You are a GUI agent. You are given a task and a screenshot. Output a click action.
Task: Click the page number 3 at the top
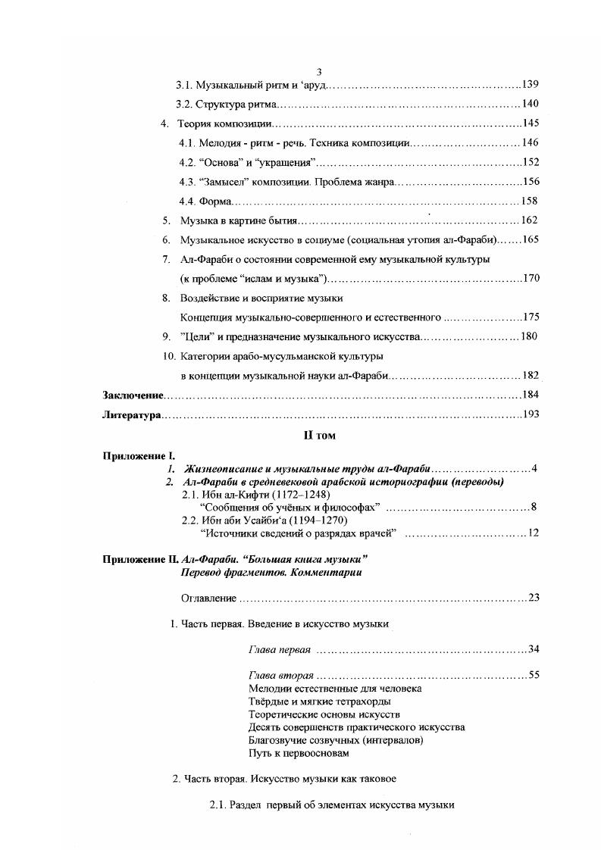298,71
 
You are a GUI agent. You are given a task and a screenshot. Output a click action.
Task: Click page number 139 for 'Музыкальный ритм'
530,84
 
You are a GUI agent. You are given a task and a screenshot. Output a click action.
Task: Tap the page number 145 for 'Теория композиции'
530,123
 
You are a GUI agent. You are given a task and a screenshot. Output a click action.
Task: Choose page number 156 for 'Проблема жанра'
530,181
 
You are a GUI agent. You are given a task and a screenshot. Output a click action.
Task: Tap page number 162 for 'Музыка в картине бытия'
529,220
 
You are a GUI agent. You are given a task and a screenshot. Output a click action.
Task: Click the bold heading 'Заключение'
133,395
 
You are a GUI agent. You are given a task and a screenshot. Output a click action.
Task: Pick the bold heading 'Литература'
133,415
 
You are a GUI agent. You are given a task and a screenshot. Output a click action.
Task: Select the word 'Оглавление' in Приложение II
208,598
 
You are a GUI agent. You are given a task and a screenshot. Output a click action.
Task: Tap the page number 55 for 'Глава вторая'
534,675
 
